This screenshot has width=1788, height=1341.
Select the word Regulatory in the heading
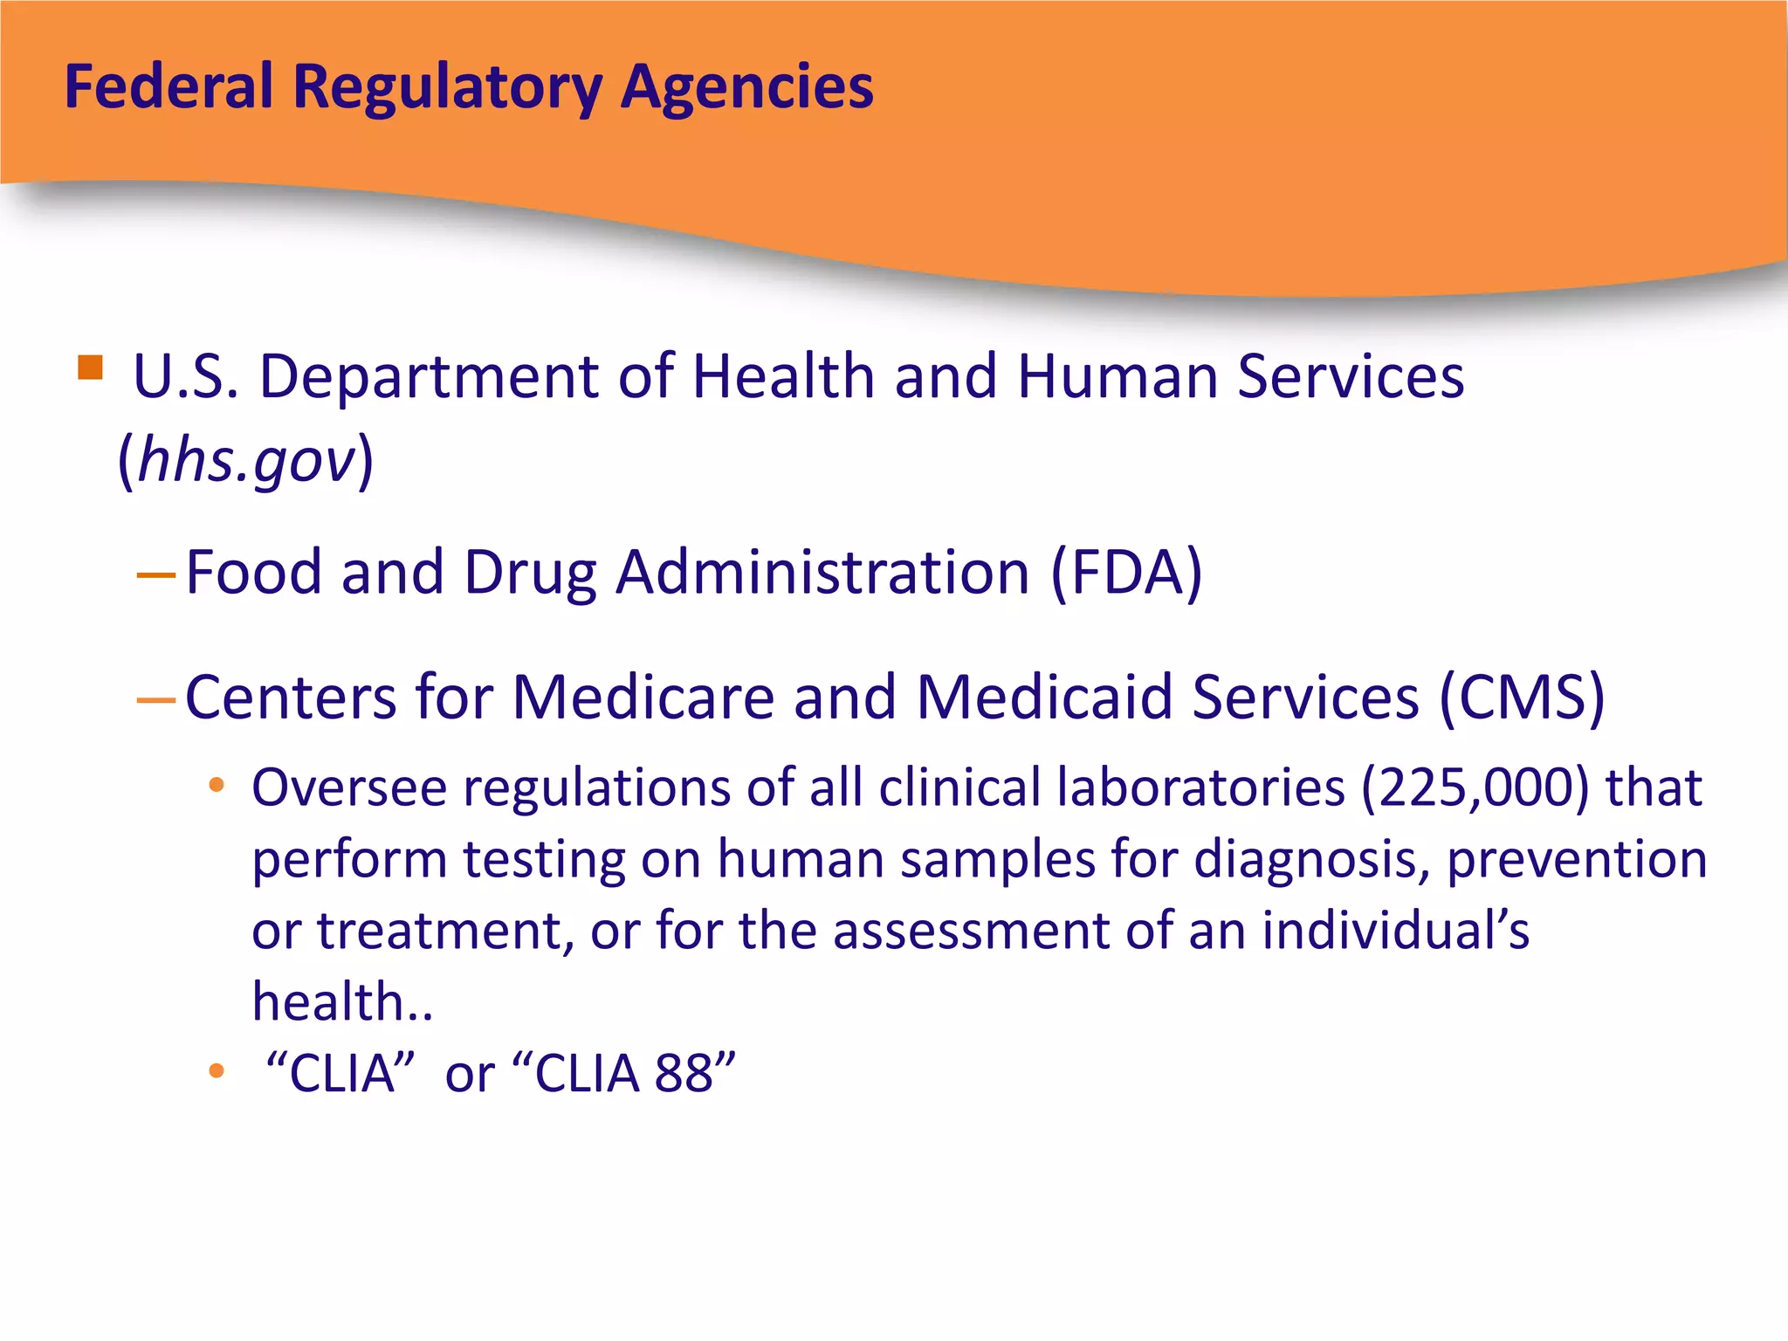(x=447, y=88)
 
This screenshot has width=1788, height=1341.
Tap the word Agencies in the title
(x=747, y=88)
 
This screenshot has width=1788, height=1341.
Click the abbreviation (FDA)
(x=1126, y=573)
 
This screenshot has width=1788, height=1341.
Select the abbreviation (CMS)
(x=1521, y=698)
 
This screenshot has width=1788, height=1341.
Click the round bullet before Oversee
(x=217, y=786)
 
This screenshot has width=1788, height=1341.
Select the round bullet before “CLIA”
(x=217, y=1070)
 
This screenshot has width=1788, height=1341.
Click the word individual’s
(x=1395, y=930)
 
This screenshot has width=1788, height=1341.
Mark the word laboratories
(x=1200, y=787)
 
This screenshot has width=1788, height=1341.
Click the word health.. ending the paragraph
(x=341, y=1001)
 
